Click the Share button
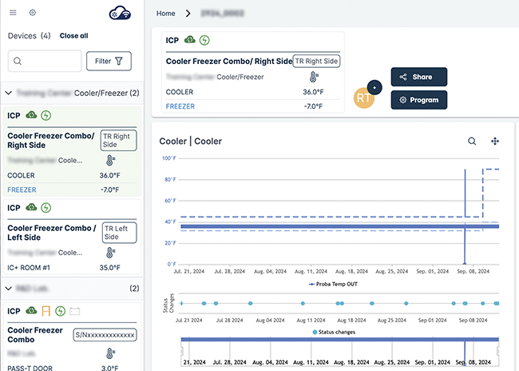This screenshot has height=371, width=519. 418,77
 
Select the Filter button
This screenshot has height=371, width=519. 109,61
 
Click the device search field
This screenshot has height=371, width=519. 46,61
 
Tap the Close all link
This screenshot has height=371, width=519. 73,36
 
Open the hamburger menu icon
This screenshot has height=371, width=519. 13,13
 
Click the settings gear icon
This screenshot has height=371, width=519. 33,13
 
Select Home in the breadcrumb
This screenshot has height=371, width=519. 166,14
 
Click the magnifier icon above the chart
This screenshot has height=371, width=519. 472,141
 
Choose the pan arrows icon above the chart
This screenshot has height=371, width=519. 495,141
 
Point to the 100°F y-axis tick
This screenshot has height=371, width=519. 168,158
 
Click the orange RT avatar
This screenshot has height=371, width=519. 363,97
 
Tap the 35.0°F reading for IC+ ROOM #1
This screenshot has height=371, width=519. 110,268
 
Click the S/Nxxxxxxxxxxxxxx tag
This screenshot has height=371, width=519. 105,335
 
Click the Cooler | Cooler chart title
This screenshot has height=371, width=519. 191,142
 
